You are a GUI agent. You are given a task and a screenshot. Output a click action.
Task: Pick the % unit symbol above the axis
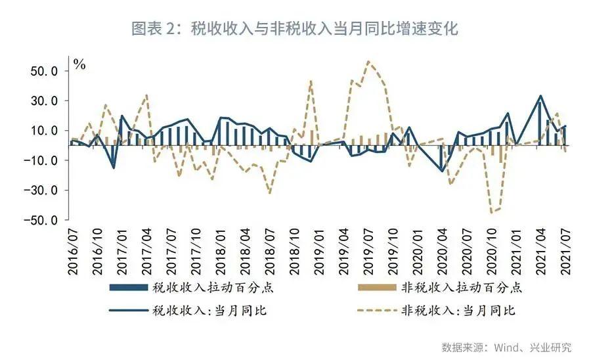(79, 64)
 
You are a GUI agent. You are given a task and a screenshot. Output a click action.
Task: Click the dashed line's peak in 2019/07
(368, 61)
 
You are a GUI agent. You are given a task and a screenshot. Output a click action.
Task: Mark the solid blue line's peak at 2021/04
(540, 96)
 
